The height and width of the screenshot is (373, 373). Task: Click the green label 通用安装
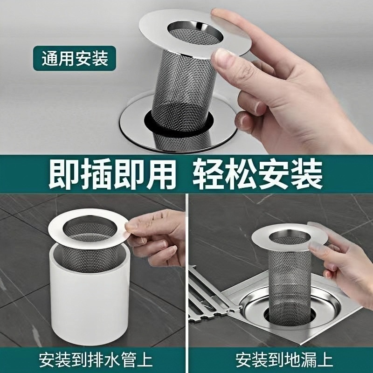75,59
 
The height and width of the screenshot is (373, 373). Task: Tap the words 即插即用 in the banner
112,173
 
